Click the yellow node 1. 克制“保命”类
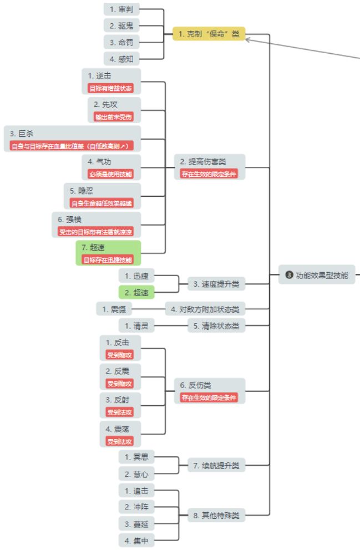209,34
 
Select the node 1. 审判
121,9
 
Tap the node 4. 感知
121,58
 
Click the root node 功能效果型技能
317,274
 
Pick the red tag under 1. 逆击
111,88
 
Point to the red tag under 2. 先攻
114,116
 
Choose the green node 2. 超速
136,292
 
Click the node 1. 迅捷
136,275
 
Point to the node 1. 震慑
114,309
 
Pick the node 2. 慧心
136,474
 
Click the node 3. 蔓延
136,523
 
